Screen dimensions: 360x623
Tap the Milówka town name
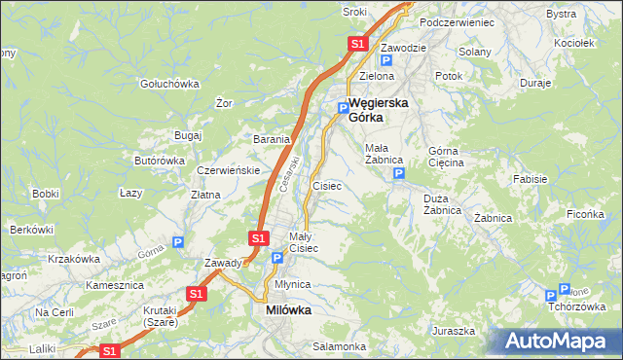[288, 310]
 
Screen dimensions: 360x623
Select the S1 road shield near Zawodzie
[357, 44]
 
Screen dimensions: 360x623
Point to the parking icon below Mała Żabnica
[398, 173]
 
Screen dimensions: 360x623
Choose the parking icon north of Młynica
[277, 258]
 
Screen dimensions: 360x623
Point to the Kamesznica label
[115, 286]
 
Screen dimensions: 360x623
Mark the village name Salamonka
[339, 346]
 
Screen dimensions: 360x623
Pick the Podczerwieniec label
[457, 21]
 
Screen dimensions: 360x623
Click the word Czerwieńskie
[228, 169]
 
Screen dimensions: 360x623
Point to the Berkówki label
[30, 230]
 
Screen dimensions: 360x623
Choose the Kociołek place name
[573, 44]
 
